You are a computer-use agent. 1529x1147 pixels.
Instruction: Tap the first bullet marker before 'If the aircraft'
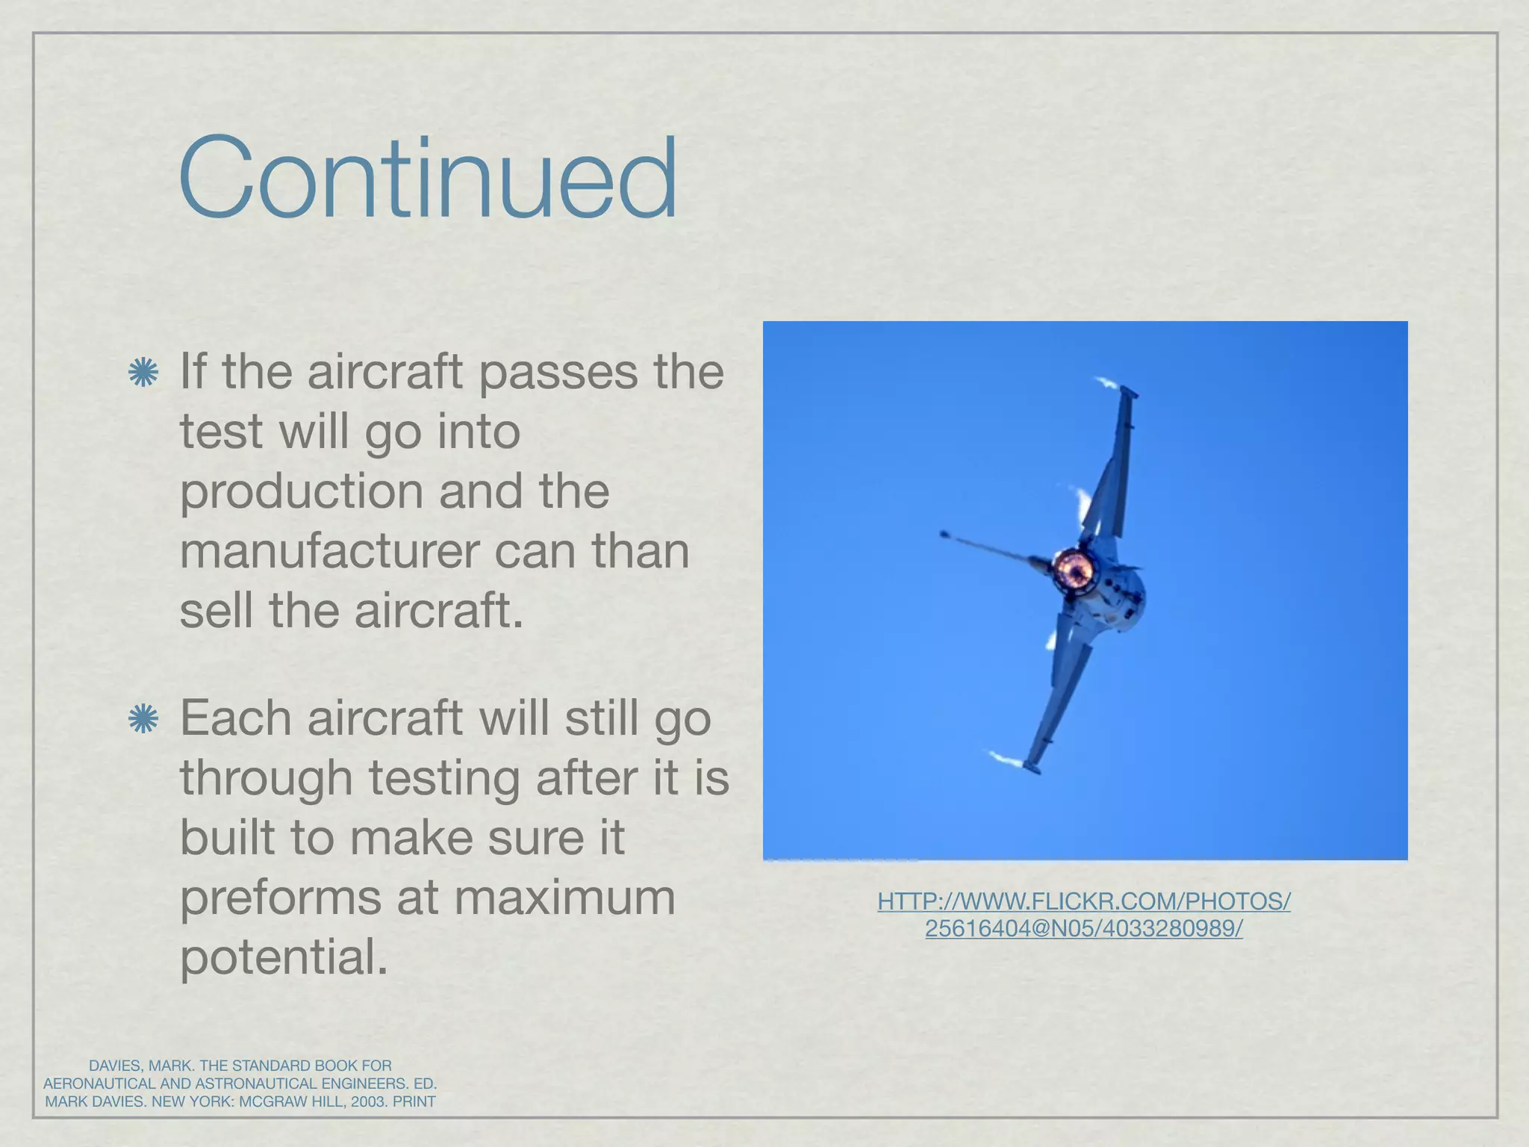(x=143, y=373)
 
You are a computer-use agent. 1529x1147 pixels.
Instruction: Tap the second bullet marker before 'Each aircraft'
(x=143, y=719)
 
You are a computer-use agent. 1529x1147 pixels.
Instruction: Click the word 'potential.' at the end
(x=284, y=957)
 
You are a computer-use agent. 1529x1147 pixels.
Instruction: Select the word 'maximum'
(x=564, y=898)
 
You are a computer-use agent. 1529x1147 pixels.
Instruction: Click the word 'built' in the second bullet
(x=225, y=838)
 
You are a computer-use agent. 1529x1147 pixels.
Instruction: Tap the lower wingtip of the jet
(x=1033, y=766)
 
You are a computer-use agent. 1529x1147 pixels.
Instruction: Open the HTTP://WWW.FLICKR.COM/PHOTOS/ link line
(x=1083, y=901)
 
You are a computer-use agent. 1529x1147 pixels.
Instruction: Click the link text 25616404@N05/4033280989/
(x=1083, y=928)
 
